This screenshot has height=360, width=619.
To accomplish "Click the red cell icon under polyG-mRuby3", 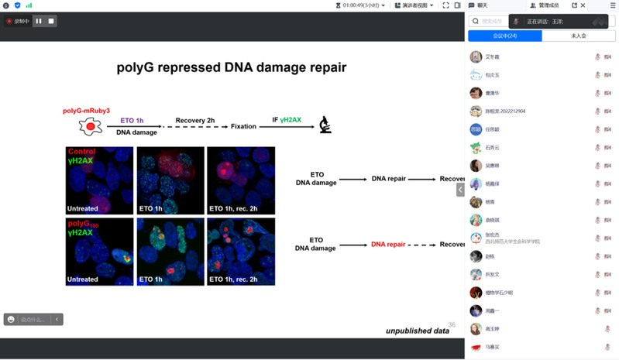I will [91, 125].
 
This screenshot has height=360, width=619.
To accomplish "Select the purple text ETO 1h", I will [132, 120].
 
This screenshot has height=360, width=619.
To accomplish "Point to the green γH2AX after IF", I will [291, 120].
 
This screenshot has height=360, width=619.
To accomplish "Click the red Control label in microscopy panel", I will [82, 152].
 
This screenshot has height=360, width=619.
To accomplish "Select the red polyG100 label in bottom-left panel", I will [85, 223].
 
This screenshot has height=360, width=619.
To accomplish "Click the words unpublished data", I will [418, 331].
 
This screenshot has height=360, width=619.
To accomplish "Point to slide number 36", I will [452, 325].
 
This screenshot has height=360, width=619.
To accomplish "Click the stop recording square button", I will [51, 21].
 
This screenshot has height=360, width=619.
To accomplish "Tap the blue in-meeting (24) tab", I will [504, 36].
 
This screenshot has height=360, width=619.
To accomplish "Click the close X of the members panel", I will [583, 5].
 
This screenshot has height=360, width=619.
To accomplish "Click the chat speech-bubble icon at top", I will [472, 5].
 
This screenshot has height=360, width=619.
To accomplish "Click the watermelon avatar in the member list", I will [476, 348].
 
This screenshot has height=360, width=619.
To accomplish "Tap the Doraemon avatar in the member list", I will [476, 238].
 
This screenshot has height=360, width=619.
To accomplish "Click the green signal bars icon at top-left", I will [29, 5].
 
